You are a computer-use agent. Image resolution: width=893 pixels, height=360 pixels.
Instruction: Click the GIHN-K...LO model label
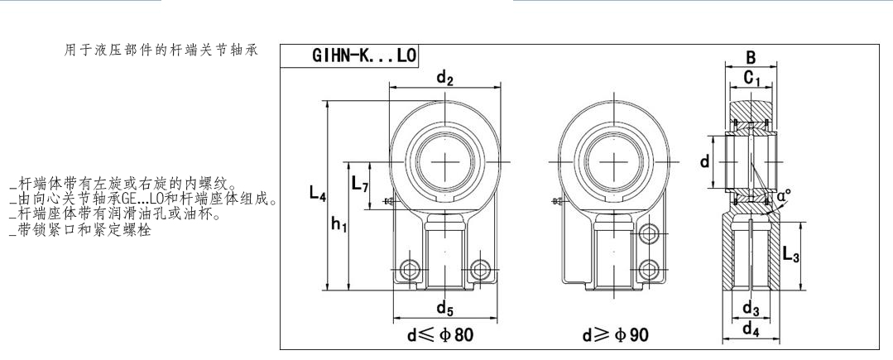pyautogui.click(x=364, y=55)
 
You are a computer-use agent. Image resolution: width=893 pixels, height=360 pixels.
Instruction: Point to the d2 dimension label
pyautogui.click(x=444, y=79)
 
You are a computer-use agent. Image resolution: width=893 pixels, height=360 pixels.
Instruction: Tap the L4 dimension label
pyautogui.click(x=318, y=193)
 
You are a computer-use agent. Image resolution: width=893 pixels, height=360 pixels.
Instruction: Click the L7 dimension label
pyautogui.click(x=360, y=184)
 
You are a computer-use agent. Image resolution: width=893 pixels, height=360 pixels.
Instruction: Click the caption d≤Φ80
pyautogui.click(x=440, y=335)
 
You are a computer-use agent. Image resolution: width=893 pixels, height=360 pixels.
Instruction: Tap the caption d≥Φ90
pyautogui.click(x=615, y=335)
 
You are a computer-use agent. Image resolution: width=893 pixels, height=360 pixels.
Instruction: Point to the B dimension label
pyautogui.click(x=751, y=58)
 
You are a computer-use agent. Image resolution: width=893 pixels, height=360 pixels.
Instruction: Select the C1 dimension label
pyautogui.click(x=751, y=78)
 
